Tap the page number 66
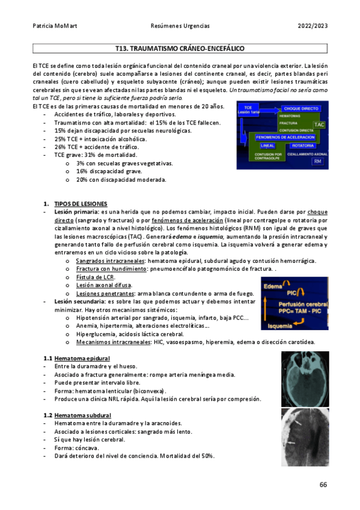323,485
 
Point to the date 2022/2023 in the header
313,26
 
